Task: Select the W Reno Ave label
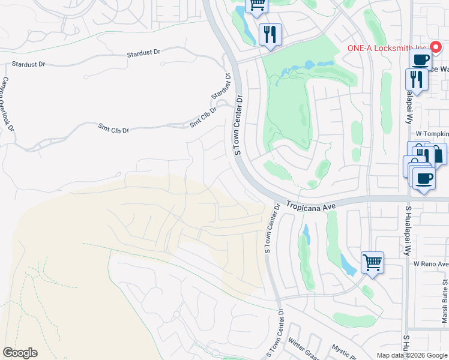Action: (x=430, y=264)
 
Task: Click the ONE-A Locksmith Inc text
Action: (x=386, y=49)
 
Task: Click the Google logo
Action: (x=20, y=353)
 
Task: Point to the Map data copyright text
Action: (x=412, y=355)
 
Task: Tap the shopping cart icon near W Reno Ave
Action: (x=372, y=262)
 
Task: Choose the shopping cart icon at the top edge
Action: (x=258, y=5)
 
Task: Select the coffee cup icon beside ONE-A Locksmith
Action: (x=420, y=60)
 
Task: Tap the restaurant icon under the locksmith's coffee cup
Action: (x=415, y=79)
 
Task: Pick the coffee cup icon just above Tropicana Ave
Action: (x=424, y=178)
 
